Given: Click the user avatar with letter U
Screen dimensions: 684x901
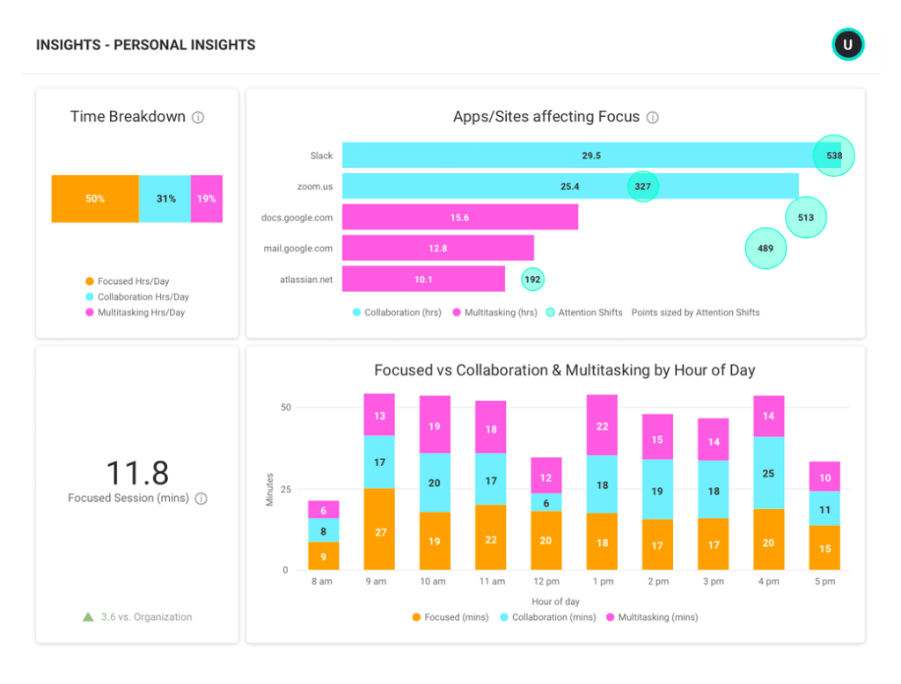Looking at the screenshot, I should pyautogui.click(x=848, y=44).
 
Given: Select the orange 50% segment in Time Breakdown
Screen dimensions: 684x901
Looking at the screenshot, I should pyautogui.click(x=95, y=199).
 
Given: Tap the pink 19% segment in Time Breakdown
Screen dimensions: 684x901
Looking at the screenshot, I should pyautogui.click(x=207, y=199).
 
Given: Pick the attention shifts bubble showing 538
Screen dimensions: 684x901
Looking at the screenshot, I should pyautogui.click(x=833, y=156).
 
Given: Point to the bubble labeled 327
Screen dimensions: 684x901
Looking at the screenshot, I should pyautogui.click(x=643, y=186).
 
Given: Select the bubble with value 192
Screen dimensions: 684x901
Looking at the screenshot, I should pyautogui.click(x=532, y=280).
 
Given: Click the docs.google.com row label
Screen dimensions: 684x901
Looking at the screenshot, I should pyautogui.click(x=297, y=217).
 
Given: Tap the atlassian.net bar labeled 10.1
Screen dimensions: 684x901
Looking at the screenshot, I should pyautogui.click(x=423, y=280).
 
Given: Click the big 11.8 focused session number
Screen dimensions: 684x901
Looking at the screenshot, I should pyautogui.click(x=136, y=473).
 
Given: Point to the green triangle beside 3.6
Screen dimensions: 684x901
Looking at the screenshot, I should pyautogui.click(x=88, y=617).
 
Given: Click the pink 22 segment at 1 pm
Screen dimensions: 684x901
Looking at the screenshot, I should pyautogui.click(x=603, y=426).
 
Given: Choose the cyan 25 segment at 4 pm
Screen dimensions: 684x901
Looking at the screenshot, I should pyautogui.click(x=769, y=473).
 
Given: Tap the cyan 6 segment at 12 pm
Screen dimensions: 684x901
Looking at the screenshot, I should pyautogui.click(x=546, y=502).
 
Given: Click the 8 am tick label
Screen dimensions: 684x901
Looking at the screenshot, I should pyautogui.click(x=323, y=581).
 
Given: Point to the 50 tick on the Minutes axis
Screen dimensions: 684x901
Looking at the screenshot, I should pyautogui.click(x=285, y=407).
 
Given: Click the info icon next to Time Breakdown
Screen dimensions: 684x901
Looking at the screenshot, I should pyautogui.click(x=198, y=118).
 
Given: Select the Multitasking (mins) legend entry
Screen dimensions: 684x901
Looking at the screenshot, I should pyautogui.click(x=652, y=617).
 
